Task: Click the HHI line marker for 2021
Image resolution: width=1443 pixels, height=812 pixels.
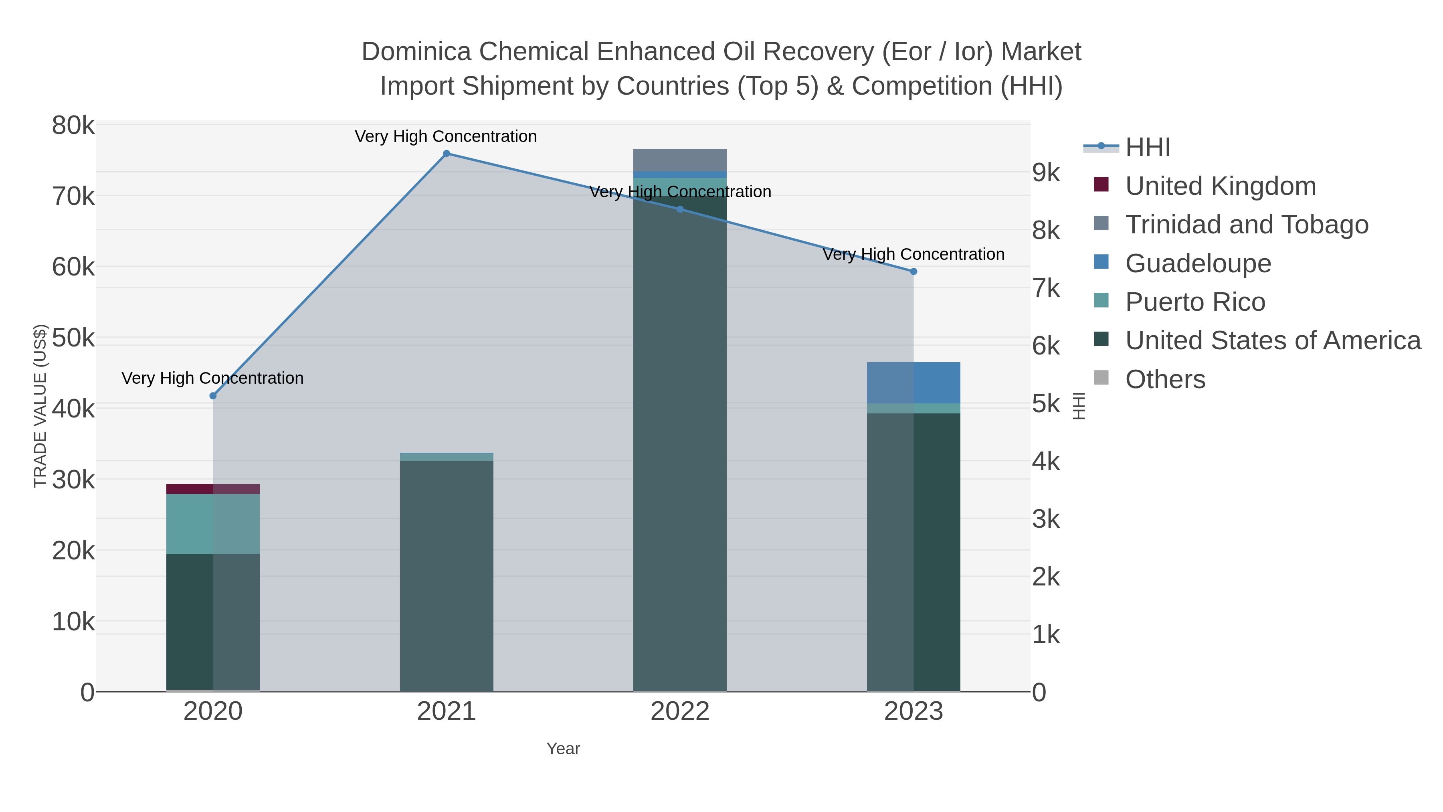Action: (x=447, y=154)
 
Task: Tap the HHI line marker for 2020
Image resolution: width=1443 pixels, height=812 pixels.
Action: (x=213, y=396)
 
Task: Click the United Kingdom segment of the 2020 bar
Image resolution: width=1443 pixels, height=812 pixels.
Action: (x=213, y=489)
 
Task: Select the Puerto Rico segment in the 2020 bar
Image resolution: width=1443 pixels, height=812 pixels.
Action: (x=213, y=524)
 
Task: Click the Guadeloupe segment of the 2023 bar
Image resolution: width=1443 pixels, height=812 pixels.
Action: (x=913, y=383)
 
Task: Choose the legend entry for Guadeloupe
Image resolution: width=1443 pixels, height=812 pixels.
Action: (x=1198, y=263)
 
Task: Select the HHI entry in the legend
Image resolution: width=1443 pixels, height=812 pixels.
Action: (x=1147, y=148)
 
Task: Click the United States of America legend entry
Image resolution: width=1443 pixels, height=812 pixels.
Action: (x=1272, y=341)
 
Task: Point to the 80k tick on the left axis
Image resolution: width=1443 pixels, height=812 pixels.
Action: (x=73, y=126)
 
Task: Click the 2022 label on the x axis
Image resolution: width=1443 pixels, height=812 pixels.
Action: (x=680, y=712)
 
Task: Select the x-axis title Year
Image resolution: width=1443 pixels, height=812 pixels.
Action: (x=563, y=749)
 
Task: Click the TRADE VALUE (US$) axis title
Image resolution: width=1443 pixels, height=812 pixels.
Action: (x=40, y=406)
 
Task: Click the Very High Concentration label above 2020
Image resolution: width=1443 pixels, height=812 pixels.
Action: (x=213, y=378)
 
